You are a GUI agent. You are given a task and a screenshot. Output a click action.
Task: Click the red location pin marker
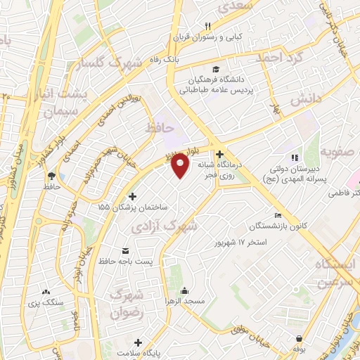(181, 165)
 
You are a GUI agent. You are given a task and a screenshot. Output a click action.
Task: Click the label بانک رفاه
(164, 60)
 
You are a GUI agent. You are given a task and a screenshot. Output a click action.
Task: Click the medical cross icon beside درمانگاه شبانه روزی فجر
(220, 155)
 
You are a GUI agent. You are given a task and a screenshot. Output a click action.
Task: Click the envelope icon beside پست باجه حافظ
(126, 251)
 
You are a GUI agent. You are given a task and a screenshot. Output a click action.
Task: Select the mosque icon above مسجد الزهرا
(184, 290)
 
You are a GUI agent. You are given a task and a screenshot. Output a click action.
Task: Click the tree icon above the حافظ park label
(51, 176)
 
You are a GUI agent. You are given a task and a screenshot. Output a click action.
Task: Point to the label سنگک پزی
(46, 302)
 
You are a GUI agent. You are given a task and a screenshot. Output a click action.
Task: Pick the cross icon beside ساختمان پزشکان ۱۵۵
(132, 197)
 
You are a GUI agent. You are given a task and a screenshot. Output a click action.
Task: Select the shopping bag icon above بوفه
(300, 337)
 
